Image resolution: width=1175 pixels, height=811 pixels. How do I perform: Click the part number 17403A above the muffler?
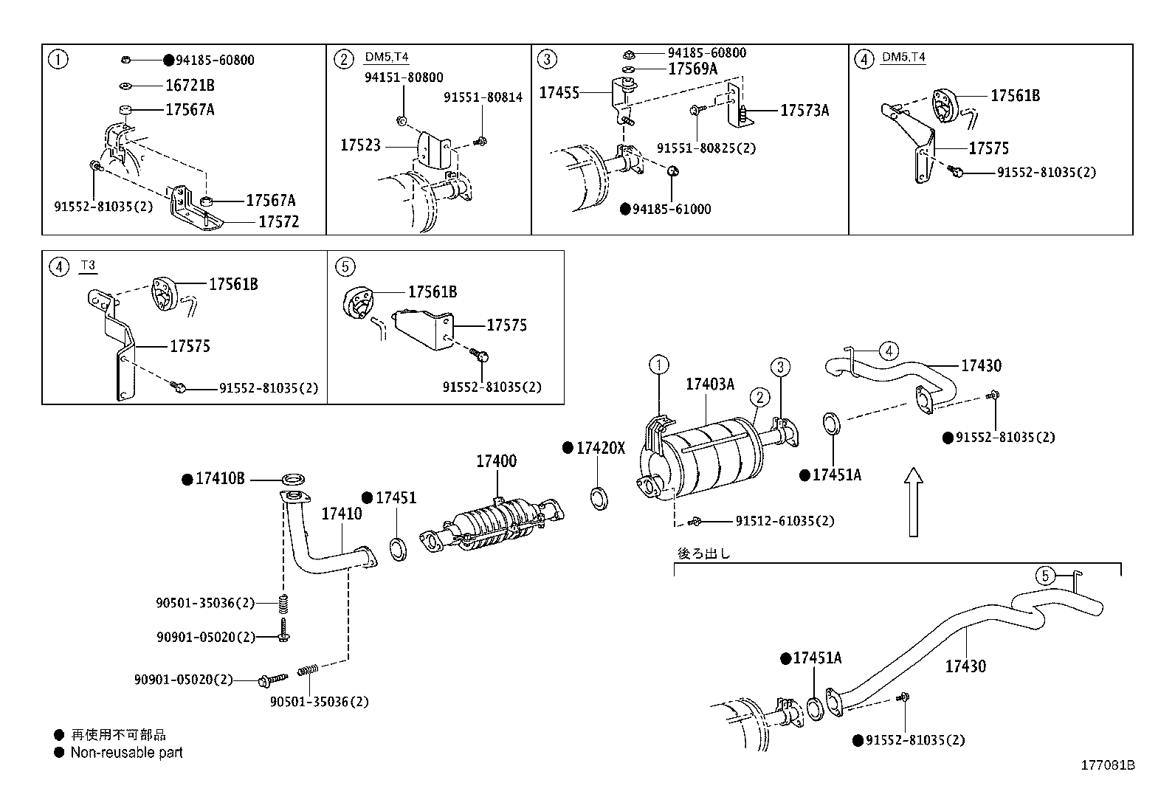[x=709, y=384]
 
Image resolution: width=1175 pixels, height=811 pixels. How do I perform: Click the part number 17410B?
[x=219, y=479]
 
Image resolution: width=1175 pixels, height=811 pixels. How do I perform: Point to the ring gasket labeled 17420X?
[x=600, y=498]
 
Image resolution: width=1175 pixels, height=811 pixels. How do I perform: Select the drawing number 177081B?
[x=1107, y=765]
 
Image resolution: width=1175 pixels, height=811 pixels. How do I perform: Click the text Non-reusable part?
[x=126, y=753]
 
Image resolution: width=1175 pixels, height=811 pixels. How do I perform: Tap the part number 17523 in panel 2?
[x=360, y=145]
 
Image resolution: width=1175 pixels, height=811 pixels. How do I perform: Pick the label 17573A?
[x=804, y=111]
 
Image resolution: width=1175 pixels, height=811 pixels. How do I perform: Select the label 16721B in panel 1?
[x=190, y=85]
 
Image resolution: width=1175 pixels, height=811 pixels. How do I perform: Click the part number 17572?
[x=278, y=222]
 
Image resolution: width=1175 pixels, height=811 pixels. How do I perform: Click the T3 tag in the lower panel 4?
[x=88, y=266]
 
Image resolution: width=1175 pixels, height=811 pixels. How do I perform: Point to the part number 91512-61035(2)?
[x=784, y=521]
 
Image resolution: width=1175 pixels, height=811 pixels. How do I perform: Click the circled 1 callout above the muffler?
[x=658, y=364]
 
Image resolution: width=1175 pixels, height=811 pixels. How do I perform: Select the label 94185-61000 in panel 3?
[x=671, y=210]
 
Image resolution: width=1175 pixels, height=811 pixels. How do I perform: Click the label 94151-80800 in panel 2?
[x=403, y=77]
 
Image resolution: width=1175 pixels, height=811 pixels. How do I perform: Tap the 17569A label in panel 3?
[x=692, y=69]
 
